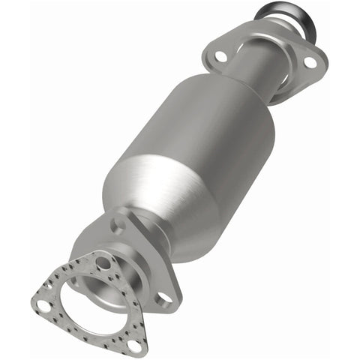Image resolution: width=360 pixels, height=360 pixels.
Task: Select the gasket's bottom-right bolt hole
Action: [135, 344]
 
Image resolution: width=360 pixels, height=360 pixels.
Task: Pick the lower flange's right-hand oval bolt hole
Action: [162, 297]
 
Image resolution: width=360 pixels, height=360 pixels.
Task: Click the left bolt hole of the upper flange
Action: [221, 56]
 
